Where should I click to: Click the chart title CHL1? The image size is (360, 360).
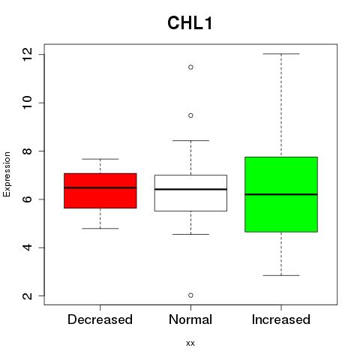(x=190, y=23)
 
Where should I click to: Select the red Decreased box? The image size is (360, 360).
(x=100, y=190)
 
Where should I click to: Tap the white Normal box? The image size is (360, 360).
(x=190, y=193)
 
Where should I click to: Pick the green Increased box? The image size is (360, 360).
(x=281, y=194)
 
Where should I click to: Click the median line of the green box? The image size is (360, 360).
(x=281, y=194)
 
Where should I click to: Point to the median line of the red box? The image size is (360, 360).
(x=100, y=187)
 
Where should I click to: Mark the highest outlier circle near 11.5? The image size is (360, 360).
(x=190, y=67)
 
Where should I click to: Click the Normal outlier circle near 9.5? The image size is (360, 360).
(x=190, y=115)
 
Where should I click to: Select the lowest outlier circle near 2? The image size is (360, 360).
(x=190, y=295)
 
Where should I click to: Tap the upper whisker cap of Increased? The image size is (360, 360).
(x=281, y=54)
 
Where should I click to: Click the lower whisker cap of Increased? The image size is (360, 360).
(x=281, y=275)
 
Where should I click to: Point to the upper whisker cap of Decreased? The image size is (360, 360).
(x=100, y=159)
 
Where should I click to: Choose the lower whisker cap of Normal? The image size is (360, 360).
(x=190, y=234)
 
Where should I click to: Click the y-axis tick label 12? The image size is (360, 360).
(x=27, y=55)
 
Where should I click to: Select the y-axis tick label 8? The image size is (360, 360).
(x=27, y=151)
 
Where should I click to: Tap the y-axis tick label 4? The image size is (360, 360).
(x=27, y=247)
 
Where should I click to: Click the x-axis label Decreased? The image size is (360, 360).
(x=100, y=319)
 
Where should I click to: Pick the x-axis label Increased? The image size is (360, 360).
(x=281, y=319)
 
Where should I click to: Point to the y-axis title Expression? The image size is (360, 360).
(x=7, y=174)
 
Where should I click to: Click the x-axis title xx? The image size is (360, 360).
(x=190, y=343)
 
